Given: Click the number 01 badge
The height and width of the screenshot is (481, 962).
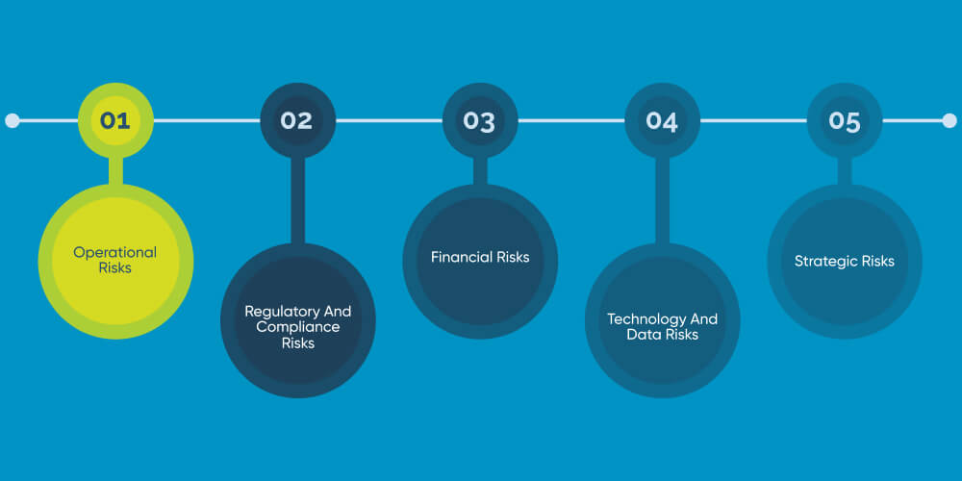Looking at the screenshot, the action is [114, 121].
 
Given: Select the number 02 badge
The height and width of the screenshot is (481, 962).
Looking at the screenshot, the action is [297, 121].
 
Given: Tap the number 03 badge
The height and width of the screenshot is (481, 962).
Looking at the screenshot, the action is [479, 121].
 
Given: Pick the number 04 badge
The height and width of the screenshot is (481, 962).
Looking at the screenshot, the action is [662, 121].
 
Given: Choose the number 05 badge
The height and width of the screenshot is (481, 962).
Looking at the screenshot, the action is [844, 121].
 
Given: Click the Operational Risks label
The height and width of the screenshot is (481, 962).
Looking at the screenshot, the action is [114, 260].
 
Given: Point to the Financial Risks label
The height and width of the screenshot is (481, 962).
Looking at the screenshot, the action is [479, 257].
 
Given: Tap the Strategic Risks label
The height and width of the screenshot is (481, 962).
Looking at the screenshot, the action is [844, 261].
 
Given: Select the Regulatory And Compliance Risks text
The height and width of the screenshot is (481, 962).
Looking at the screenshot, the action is [297, 327].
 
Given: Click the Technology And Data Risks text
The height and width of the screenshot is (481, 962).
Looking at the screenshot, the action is [662, 327].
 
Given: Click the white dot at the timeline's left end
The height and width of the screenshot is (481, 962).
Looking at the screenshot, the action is [13, 121].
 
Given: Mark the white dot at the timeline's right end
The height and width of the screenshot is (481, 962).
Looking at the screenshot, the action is [949, 121].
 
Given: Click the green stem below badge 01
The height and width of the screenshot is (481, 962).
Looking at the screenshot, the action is [115, 171].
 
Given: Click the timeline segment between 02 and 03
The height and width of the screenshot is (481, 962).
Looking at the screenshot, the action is [388, 121].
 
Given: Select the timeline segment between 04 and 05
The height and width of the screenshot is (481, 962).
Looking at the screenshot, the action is [752, 121].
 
